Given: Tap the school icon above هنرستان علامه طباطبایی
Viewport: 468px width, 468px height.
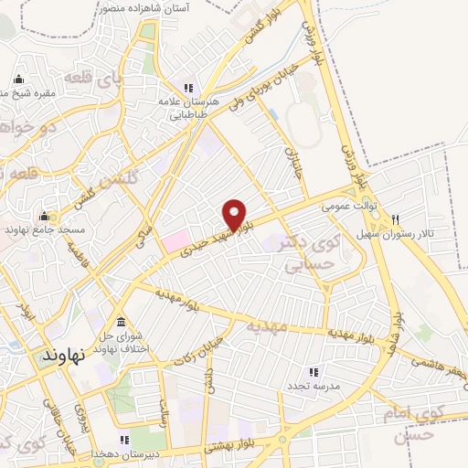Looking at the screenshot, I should click(x=187, y=88).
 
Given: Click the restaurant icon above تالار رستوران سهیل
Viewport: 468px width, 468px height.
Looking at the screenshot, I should click(x=395, y=218).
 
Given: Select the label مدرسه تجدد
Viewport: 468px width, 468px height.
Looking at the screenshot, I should click(x=314, y=386).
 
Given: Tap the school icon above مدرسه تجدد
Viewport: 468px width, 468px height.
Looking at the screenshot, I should click(x=314, y=372).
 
